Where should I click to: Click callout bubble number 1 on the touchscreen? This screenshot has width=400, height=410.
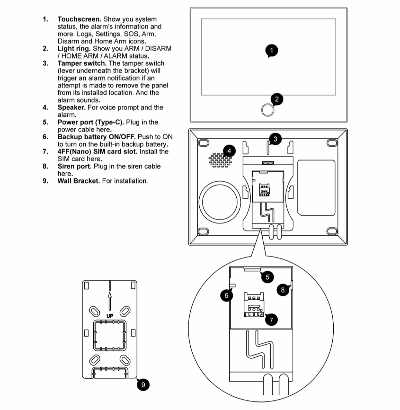(x=272, y=51)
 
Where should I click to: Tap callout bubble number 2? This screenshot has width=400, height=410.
(x=277, y=99)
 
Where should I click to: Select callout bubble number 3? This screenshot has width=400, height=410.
(x=275, y=139)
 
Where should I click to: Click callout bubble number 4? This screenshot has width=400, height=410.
(x=229, y=151)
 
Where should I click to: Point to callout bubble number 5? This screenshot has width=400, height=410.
(x=267, y=277)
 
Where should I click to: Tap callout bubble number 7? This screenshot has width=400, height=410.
(x=271, y=320)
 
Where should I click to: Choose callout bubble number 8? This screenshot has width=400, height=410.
(x=283, y=290)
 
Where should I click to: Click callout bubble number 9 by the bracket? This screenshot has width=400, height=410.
(x=143, y=385)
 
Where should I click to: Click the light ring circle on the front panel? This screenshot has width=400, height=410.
(x=267, y=110)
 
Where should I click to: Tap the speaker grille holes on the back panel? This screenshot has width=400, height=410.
(x=221, y=161)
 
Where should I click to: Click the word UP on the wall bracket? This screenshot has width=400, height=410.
(x=110, y=316)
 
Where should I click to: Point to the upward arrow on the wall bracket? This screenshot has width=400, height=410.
(x=110, y=299)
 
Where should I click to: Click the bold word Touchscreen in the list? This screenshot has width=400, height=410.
(x=79, y=19)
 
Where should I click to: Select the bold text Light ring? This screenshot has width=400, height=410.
(x=74, y=49)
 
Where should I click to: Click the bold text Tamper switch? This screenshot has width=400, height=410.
(x=82, y=63)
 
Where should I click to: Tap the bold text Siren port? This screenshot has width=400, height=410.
(x=75, y=166)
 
